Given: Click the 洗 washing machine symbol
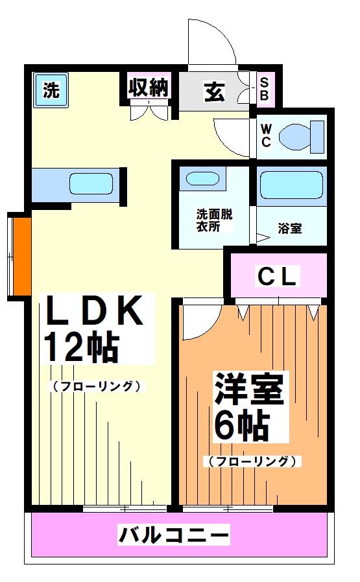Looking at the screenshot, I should [51, 90].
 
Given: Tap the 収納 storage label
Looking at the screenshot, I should [148, 88].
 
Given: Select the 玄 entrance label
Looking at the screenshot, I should [215, 92].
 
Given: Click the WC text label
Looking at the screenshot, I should [266, 134].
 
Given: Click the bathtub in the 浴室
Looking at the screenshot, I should [291, 187].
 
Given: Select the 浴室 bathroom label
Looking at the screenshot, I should [289, 228].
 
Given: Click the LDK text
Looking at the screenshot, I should [93, 313].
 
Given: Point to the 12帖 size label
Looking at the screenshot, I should [81, 348].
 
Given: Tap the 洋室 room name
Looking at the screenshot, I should [250, 393].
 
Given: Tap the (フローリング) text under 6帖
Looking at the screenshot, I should [253, 461].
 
